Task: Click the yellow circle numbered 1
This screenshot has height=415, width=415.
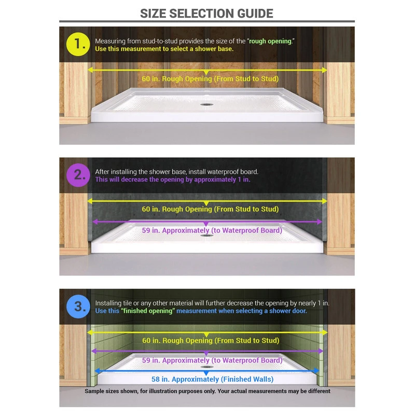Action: [x=78, y=44]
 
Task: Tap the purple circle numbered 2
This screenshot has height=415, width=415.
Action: [x=78, y=175]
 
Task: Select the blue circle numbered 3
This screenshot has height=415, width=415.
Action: [x=78, y=306]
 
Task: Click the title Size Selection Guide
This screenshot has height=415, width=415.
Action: [x=206, y=13]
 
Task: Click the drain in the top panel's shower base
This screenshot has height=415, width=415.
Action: [x=206, y=105]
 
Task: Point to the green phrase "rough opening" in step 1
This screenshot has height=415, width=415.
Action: [x=270, y=41]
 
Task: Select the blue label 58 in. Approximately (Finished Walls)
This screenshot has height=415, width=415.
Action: [x=213, y=379]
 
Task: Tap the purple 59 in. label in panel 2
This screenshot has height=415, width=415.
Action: [x=212, y=230]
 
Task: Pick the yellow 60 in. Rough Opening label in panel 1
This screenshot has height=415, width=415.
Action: [x=210, y=79]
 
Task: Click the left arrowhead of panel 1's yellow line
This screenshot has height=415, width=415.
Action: [x=90, y=70]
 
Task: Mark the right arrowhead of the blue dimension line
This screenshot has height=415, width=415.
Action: [x=316, y=370]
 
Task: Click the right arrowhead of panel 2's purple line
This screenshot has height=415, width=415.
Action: [x=320, y=222]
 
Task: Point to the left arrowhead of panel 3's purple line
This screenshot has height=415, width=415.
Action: [x=94, y=351]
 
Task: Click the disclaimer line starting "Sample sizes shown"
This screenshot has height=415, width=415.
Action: [x=208, y=391]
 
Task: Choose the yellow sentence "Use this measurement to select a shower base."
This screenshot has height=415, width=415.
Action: [x=164, y=49]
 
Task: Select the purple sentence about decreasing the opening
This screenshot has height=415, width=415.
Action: [x=173, y=179]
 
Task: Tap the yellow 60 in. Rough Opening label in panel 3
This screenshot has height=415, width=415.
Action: [x=211, y=340]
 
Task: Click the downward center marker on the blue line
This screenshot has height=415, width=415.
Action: [x=206, y=373]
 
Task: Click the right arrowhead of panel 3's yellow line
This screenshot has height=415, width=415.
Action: [x=325, y=333]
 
